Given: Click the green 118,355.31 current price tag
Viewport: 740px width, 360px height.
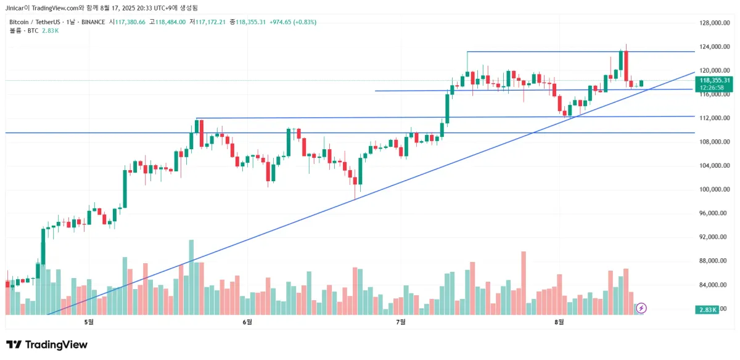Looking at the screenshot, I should (715, 80).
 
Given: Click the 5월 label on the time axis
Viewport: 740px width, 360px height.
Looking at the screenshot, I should (89, 322).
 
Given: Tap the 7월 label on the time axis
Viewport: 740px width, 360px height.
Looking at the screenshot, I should (401, 322).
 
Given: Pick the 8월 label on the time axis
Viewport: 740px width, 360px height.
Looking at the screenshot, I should (559, 322).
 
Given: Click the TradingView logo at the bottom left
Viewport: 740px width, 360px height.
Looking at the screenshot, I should (47, 345).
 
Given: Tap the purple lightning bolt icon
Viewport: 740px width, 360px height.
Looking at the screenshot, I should (641, 308).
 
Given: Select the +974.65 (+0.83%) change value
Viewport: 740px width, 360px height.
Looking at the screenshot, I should (292, 22).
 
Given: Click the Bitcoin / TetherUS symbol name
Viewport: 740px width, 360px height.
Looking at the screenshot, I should (35, 22).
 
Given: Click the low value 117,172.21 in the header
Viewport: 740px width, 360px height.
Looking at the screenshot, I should (210, 22).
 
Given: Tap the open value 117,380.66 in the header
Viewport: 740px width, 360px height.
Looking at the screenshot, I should (126, 22).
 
